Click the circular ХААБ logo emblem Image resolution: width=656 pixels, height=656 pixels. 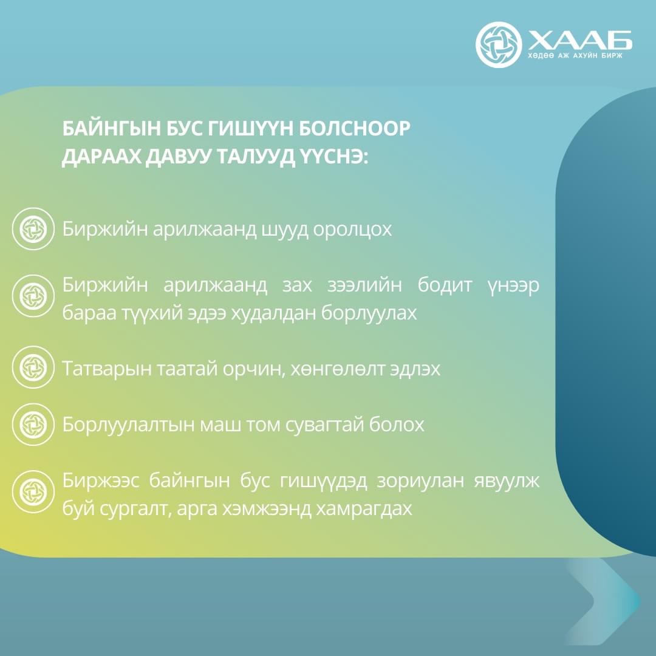coord(498,45)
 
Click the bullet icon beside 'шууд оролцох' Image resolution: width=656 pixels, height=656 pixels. coord(33,229)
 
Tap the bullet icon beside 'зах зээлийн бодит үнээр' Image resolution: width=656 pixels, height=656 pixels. coord(33,296)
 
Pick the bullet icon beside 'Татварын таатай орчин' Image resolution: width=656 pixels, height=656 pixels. coord(33,367)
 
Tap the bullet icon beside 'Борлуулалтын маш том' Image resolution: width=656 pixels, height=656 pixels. coord(33,424)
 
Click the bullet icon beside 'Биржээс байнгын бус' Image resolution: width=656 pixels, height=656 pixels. coord(33,491)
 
